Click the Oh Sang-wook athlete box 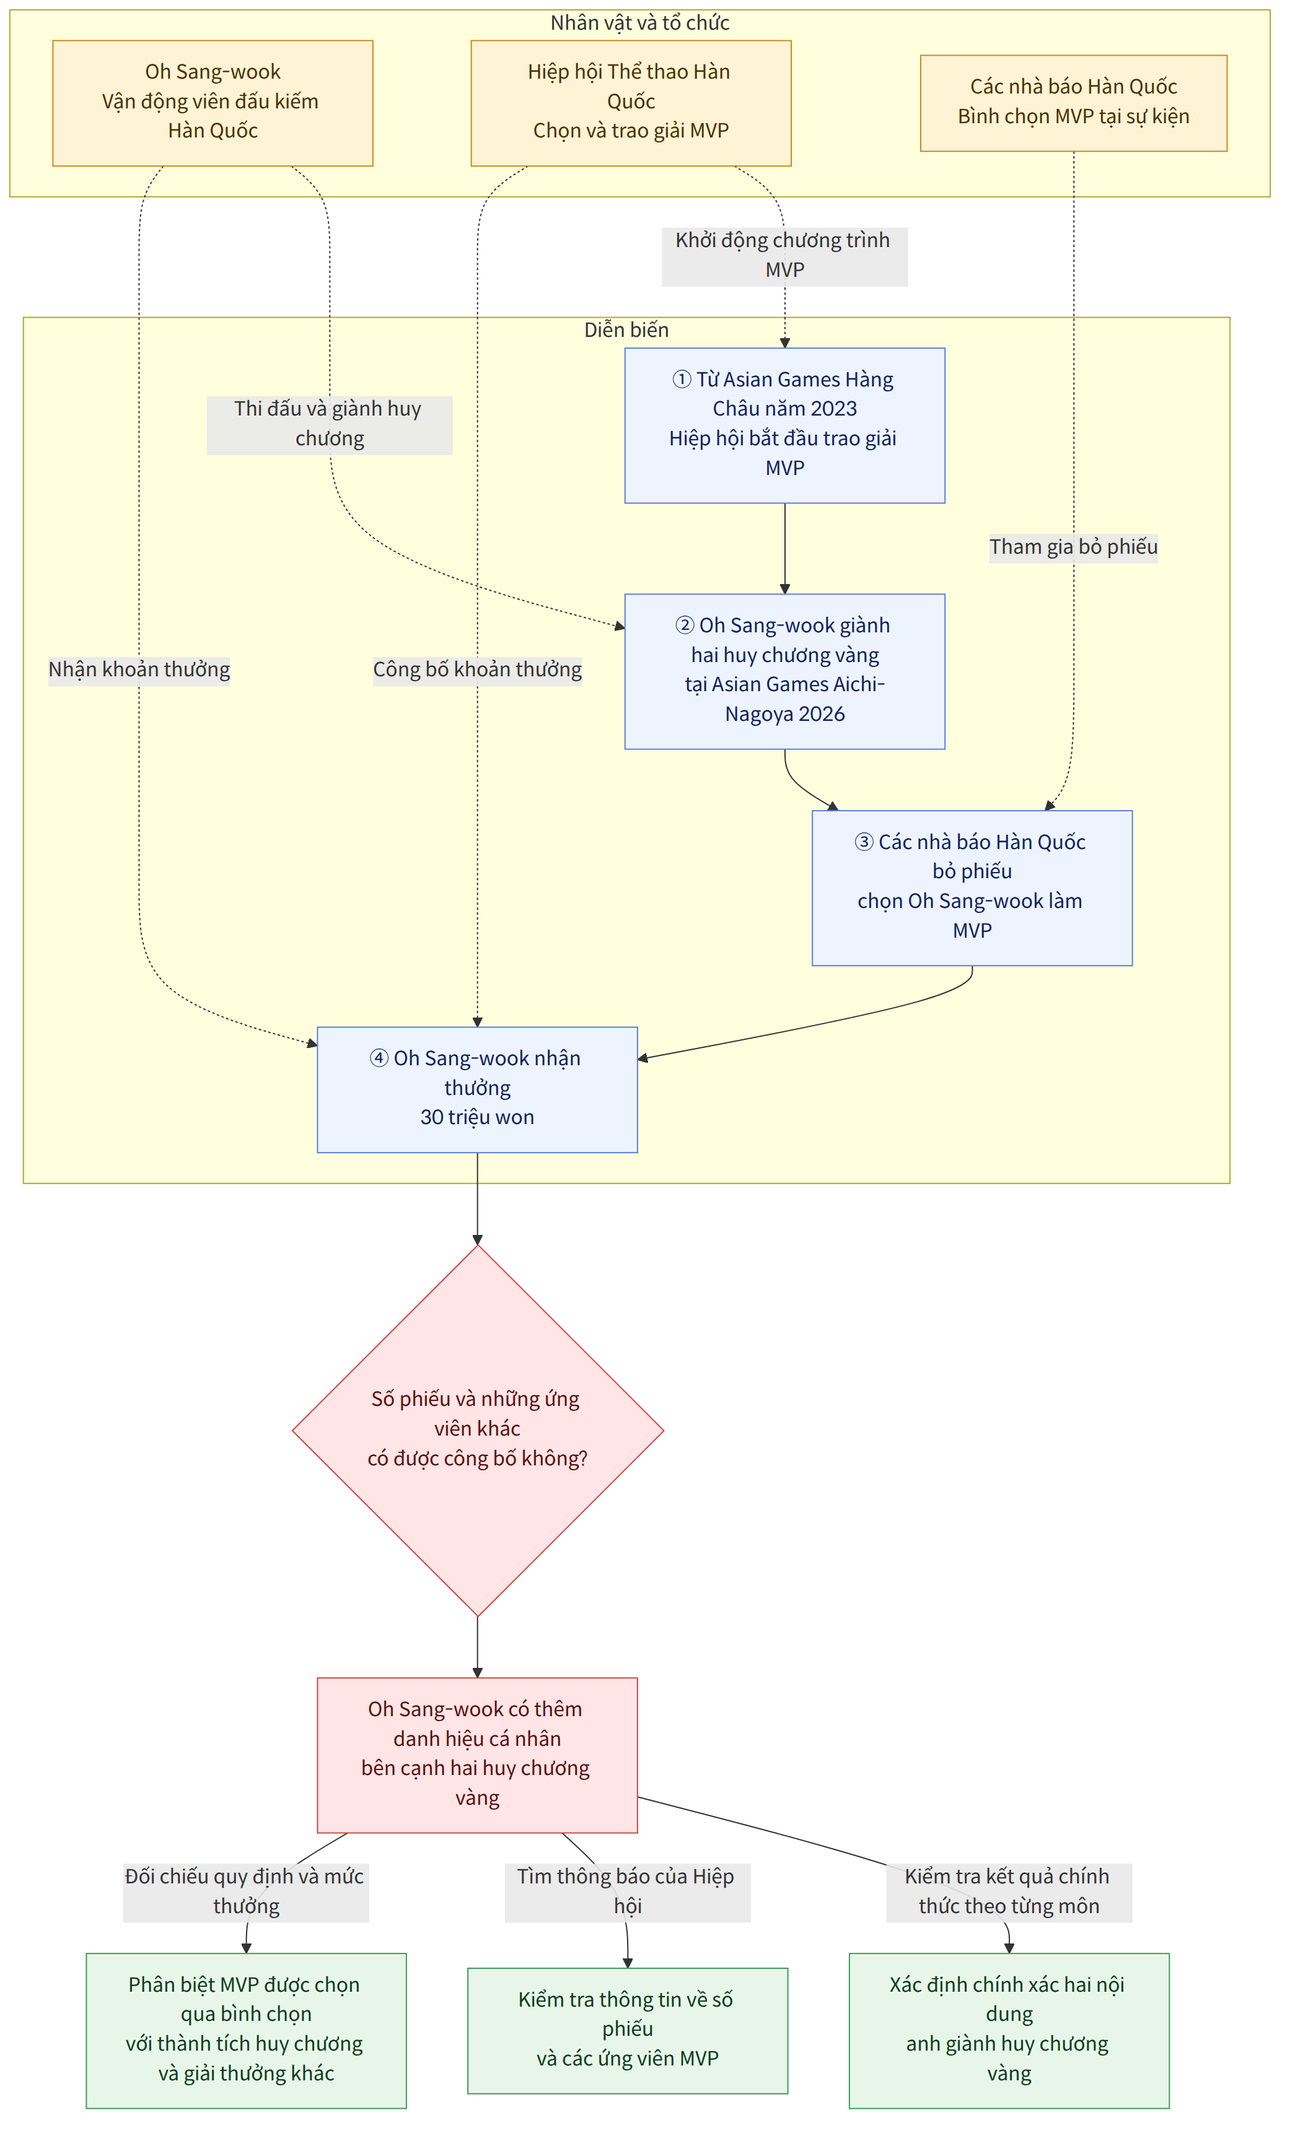point(213,103)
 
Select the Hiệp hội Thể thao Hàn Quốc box point(631,103)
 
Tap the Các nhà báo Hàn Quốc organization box point(1074,103)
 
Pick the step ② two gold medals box point(785,672)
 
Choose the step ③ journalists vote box point(972,888)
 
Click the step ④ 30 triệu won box point(477,1090)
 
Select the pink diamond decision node point(478,1431)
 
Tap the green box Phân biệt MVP point(246,2031)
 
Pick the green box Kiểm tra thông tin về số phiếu point(628,2031)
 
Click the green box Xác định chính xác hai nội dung point(1009,2031)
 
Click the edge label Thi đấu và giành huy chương point(329,424)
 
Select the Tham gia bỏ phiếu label point(1074,547)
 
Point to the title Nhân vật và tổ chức point(640,22)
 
